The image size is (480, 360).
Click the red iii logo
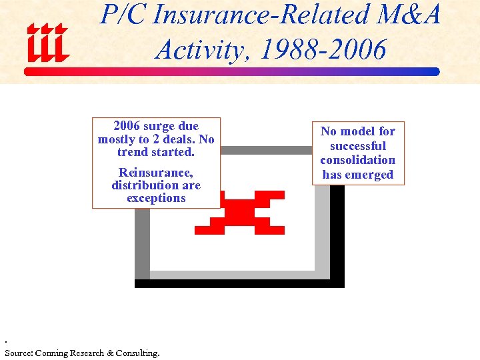pyautogui.click(x=47, y=41)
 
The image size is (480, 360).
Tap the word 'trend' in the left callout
pyautogui.click(x=132, y=152)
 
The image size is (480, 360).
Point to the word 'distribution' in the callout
pyautogui.click(x=142, y=185)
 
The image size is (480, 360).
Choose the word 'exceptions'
pyautogui.click(x=156, y=198)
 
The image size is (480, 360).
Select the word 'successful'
pyautogui.click(x=358, y=146)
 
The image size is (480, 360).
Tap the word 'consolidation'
pyautogui.click(x=358, y=160)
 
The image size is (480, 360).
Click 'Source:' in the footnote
pyautogui.click(x=19, y=353)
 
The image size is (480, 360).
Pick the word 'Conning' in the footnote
pyautogui.click(x=52, y=353)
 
